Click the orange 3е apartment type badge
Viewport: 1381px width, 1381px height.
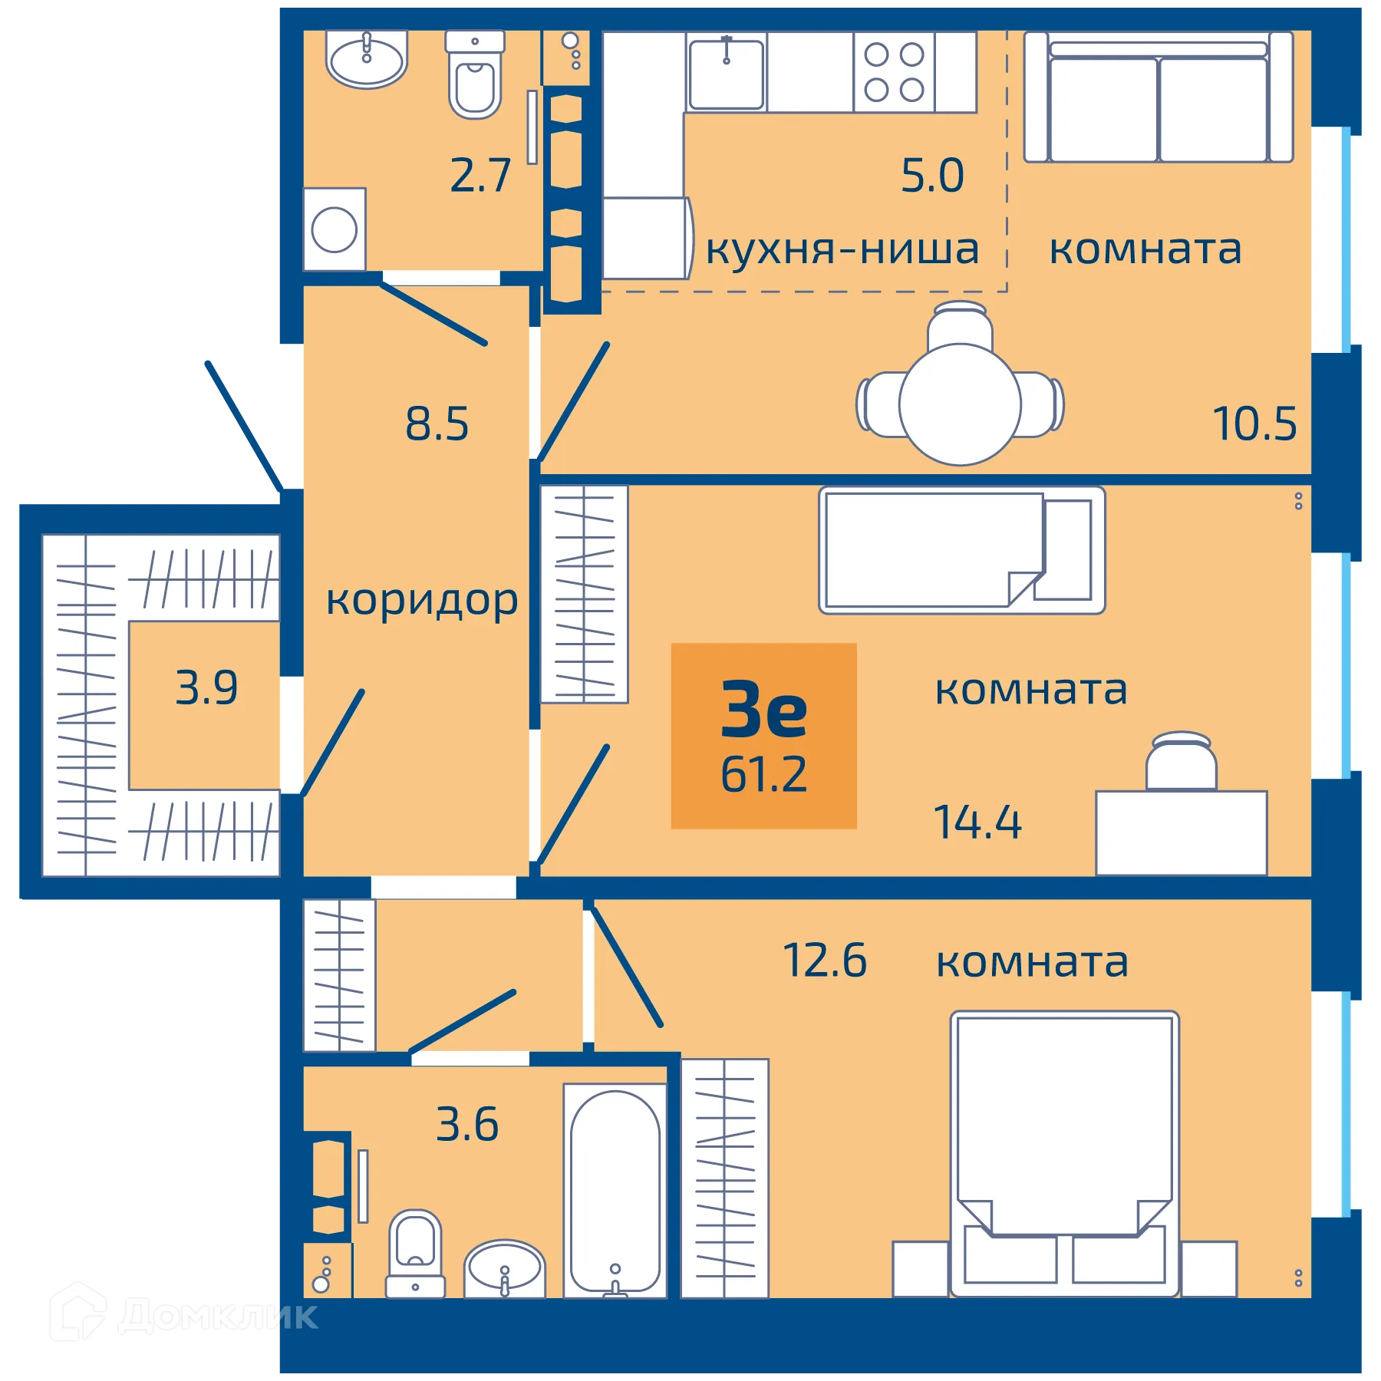click(x=763, y=735)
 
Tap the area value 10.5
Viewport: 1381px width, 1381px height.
click(x=1254, y=424)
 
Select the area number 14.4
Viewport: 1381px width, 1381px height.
click(x=977, y=822)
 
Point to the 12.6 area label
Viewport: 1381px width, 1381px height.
click(x=824, y=961)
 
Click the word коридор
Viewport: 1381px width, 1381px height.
click(x=421, y=601)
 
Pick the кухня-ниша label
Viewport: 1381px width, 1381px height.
click(x=842, y=249)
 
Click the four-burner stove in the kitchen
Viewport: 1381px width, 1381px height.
click(x=894, y=72)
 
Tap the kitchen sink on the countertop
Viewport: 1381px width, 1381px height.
click(x=726, y=74)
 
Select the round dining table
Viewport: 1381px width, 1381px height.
click(x=960, y=404)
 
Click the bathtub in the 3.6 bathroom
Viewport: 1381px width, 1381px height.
click(x=615, y=1191)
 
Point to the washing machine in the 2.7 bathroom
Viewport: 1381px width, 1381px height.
click(x=335, y=229)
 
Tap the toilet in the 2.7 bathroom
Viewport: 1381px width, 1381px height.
click(x=475, y=77)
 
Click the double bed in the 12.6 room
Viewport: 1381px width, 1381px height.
click(x=1064, y=1151)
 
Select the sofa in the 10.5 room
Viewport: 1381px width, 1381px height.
click(x=1159, y=98)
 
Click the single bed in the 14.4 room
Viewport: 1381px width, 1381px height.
click(x=961, y=549)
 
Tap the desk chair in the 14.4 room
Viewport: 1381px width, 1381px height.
click(x=1181, y=762)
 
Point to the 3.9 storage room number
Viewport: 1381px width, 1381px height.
click(x=206, y=687)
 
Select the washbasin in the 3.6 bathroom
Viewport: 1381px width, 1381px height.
click(x=504, y=1269)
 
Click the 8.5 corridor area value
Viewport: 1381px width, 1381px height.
click(x=437, y=424)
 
